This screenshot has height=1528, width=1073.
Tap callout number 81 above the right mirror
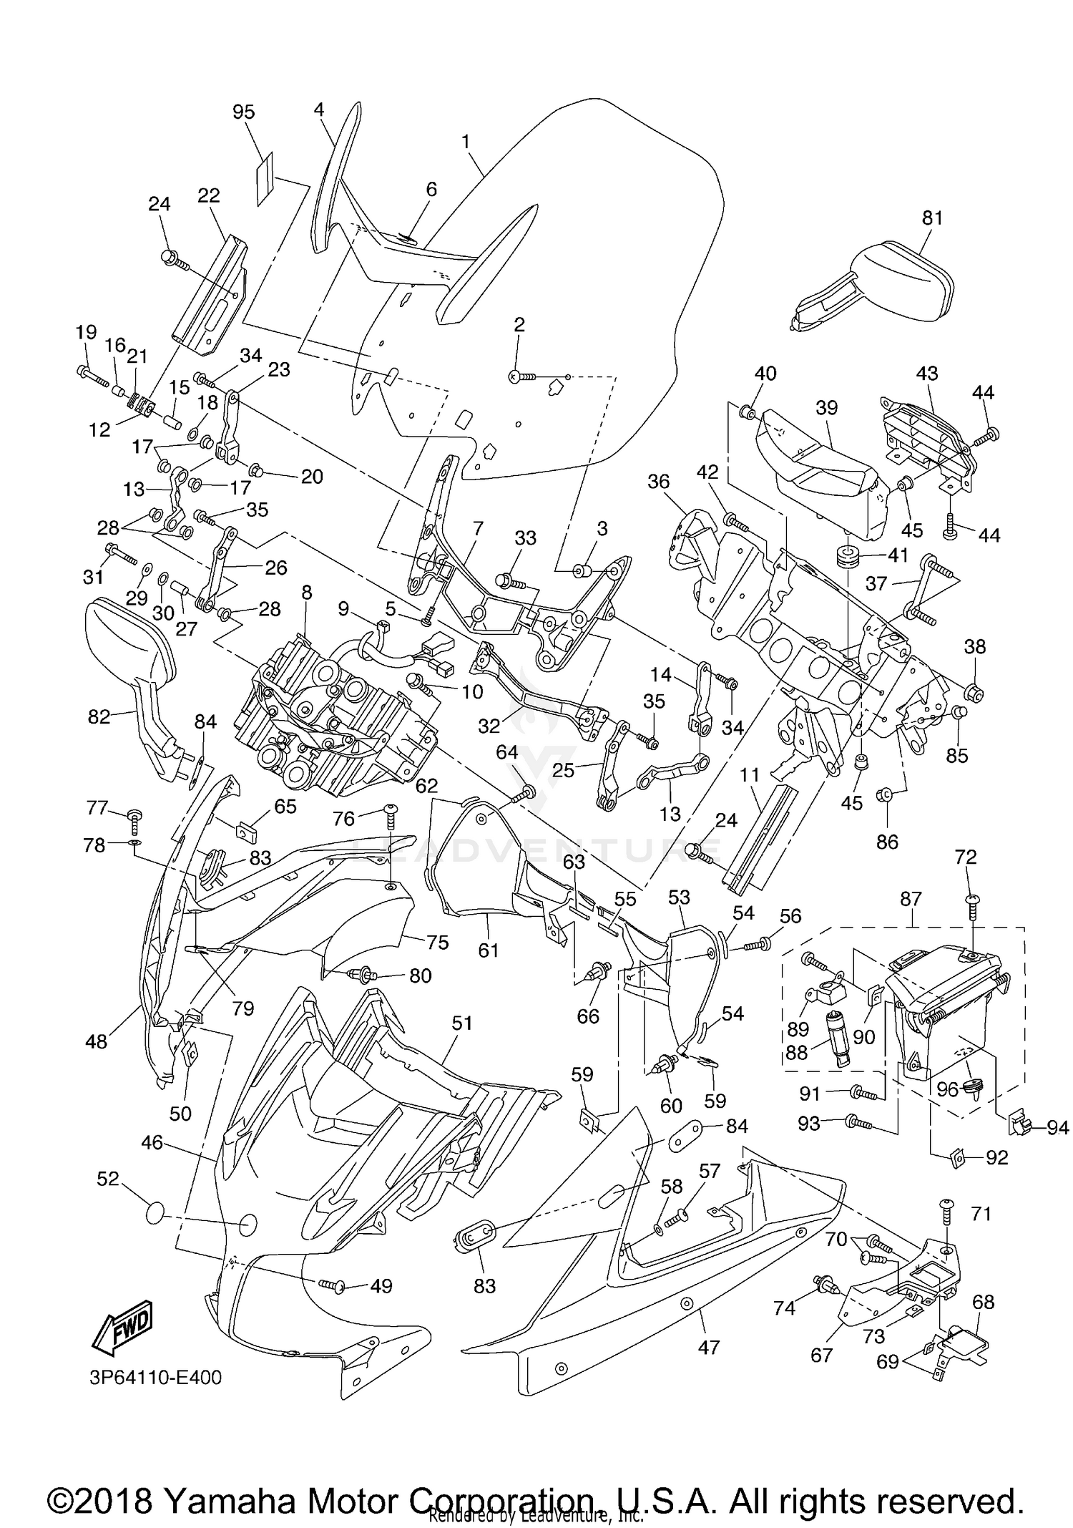click(x=932, y=218)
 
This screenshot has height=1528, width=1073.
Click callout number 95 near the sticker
click(x=243, y=112)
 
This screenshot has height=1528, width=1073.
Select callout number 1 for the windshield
click(x=466, y=142)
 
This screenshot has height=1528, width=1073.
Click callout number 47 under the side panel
click(x=708, y=1347)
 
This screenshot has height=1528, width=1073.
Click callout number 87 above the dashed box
click(x=911, y=899)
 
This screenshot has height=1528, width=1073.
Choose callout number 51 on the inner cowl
click(x=462, y=1023)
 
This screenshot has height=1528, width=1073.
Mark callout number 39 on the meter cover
click(x=826, y=407)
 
